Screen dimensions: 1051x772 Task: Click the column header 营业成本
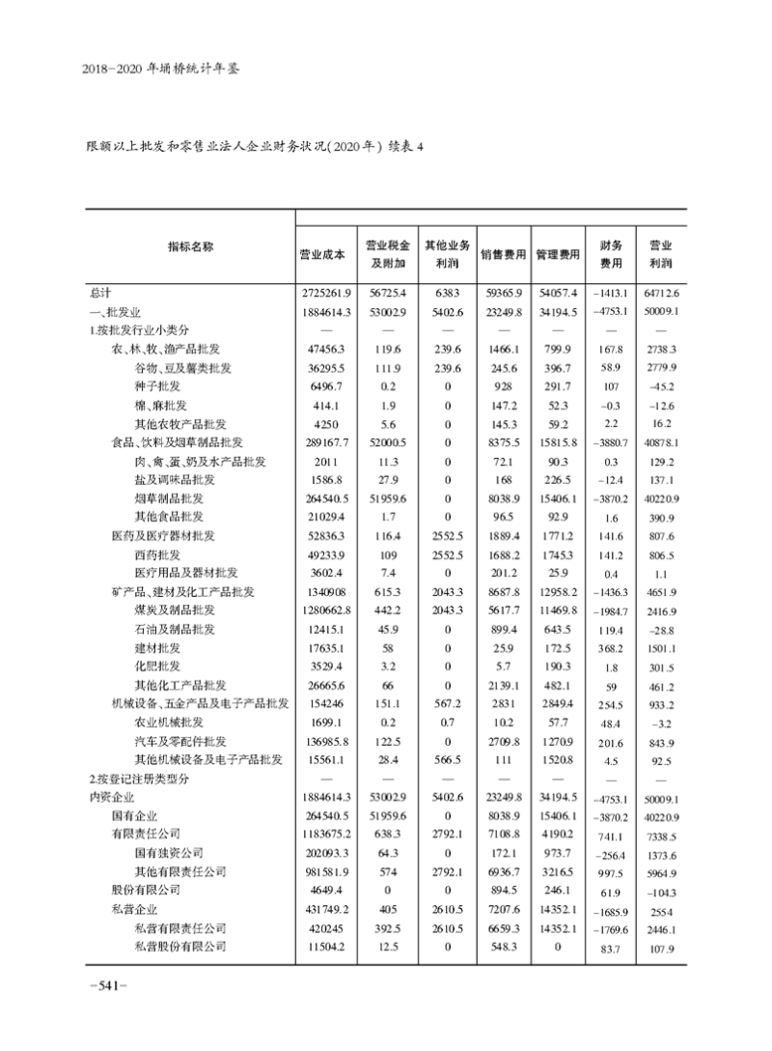click(x=322, y=255)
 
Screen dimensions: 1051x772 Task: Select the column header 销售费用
click(x=503, y=255)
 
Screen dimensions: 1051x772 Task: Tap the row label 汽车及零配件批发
click(x=180, y=741)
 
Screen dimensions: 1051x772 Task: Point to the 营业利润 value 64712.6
click(x=660, y=292)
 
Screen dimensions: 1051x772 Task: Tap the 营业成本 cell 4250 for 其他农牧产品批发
click(x=321, y=423)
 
